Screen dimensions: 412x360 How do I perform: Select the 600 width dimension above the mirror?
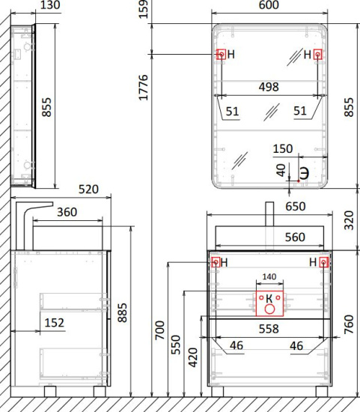(269, 7)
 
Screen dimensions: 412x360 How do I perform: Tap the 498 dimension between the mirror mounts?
(269, 87)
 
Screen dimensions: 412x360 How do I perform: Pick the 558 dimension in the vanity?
(269, 328)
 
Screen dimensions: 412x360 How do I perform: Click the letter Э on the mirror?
(304, 170)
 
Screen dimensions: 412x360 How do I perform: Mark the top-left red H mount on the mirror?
(221, 55)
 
